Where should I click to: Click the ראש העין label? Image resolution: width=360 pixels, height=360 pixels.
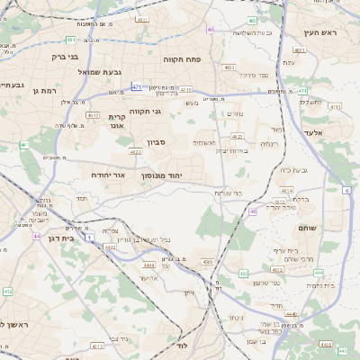(x=319, y=33)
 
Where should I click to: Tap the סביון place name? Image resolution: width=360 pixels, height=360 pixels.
(x=157, y=142)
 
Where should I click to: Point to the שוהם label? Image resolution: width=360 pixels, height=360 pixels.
(x=306, y=229)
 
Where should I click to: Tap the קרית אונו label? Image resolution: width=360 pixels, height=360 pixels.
(x=120, y=121)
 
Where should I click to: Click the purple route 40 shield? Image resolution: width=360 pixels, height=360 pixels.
(x=211, y=29)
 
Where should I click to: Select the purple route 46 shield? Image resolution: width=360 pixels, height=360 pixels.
(x=255, y=211)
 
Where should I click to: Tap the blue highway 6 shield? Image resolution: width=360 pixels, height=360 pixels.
(x=346, y=190)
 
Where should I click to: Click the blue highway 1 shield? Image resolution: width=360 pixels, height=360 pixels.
(x=91, y=237)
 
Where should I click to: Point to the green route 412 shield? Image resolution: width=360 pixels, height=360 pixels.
(x=7, y=292)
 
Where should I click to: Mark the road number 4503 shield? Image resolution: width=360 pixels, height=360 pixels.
(x=208, y=262)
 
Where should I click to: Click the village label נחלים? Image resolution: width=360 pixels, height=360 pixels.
(x=233, y=113)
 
